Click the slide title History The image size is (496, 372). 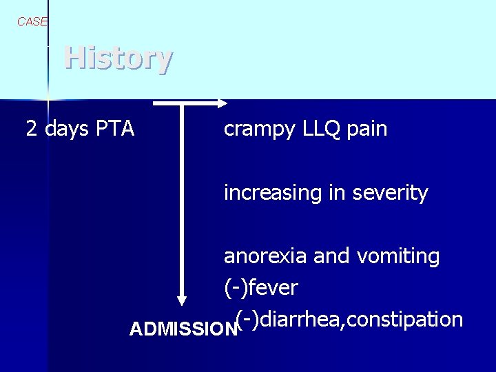[118, 58]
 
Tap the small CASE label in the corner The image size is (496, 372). [32, 21]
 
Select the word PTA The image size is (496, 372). [115, 129]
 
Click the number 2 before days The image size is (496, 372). [32, 129]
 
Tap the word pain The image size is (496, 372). [369, 129]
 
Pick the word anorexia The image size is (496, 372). [265, 257]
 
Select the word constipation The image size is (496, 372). [412, 320]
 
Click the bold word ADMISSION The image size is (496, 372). [183, 329]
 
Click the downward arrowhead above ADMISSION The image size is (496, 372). [182, 300]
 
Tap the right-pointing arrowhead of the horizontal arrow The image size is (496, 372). [222, 103]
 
